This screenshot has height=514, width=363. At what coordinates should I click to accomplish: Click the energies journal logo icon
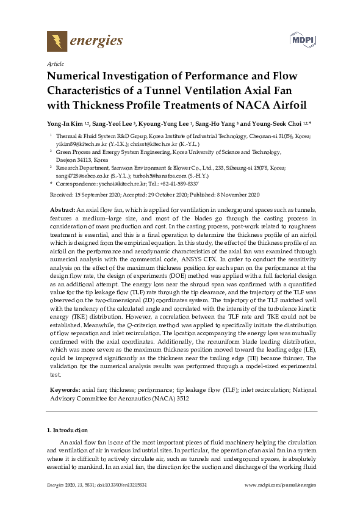[57, 41]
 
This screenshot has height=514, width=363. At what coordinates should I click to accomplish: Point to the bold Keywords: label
[64, 389]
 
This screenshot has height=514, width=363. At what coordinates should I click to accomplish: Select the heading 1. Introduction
[67, 430]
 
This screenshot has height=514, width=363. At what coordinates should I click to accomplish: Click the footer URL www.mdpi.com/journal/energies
[280, 484]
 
